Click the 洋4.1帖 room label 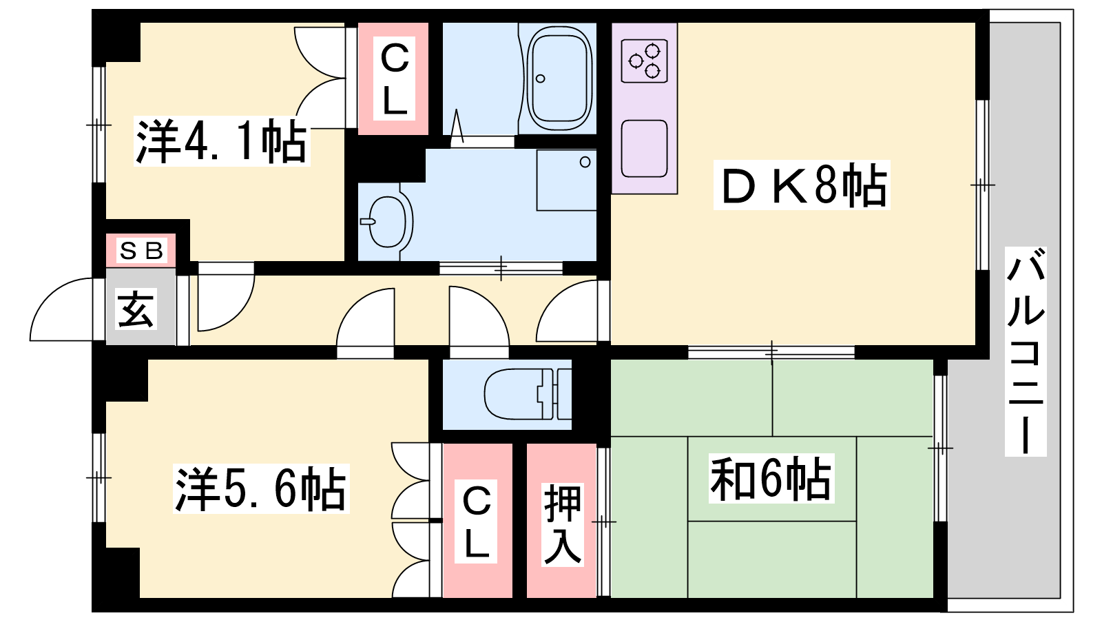pos(221,142)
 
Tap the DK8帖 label pos(802,185)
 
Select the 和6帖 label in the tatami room pos(771,478)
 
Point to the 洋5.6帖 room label pos(261,488)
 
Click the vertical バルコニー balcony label pos(1026,351)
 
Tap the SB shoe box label pos(141,251)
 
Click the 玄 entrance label pos(135,309)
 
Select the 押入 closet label pos(562,524)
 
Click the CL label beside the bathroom pos(394,79)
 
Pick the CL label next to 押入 pos(476,521)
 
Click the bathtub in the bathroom pos(559,79)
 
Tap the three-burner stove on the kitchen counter pos(644,61)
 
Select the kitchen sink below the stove pos(644,149)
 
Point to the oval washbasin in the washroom pos(388,221)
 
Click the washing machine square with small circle pos(566,180)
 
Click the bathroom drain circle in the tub pos(540,79)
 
